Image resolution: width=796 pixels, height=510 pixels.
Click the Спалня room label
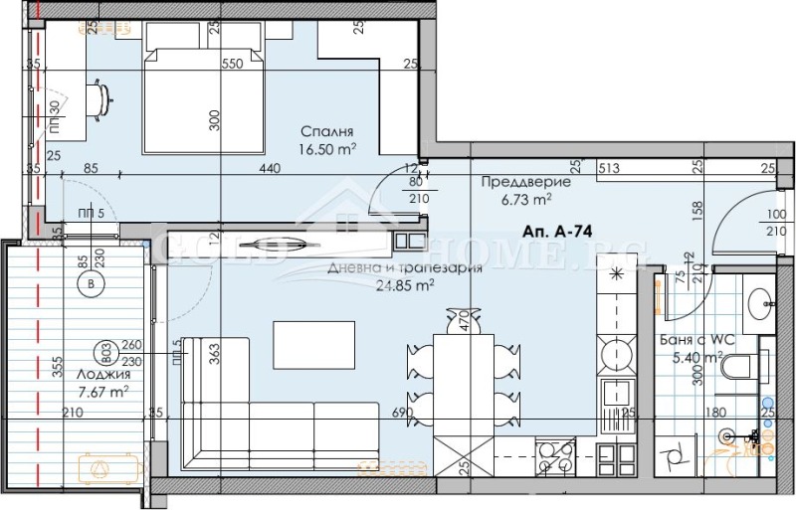click(328, 132)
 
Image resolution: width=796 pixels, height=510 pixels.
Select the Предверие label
click(524, 182)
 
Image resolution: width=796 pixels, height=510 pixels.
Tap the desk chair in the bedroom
click(102, 95)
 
